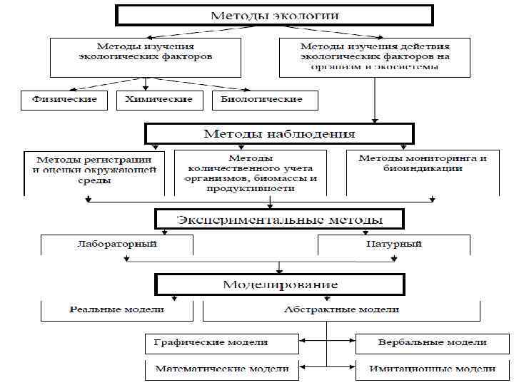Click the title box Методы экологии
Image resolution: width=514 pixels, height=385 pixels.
[x=274, y=16]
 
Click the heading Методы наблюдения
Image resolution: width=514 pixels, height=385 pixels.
[x=279, y=133]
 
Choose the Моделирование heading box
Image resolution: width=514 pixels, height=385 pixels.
[x=279, y=284]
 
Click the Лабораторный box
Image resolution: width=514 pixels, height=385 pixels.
[x=117, y=244]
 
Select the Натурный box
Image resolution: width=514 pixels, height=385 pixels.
[x=393, y=244]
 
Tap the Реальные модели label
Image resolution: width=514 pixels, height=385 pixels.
[x=116, y=309]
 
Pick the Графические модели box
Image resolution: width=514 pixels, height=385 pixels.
[x=221, y=343]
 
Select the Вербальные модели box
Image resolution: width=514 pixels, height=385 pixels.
[x=432, y=343]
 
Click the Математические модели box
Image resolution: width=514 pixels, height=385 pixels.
[x=221, y=369]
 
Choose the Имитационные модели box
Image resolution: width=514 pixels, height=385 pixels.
[x=432, y=369]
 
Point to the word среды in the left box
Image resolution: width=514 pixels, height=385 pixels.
[x=94, y=180]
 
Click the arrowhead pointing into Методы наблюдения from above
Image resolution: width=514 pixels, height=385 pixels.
[x=375, y=120]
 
